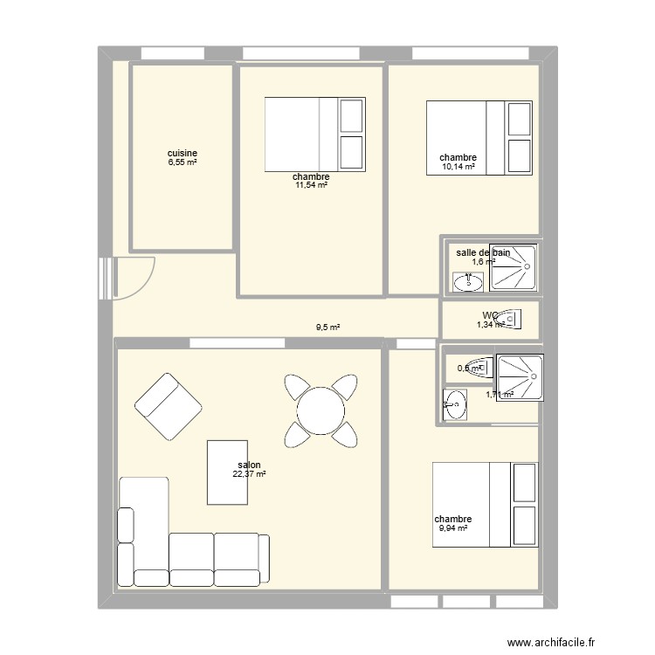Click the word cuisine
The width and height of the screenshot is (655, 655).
coord(183,153)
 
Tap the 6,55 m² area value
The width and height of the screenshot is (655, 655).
coord(183,162)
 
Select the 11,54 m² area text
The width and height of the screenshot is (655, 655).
coord(311,185)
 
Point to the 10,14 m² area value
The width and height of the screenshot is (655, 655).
coord(458,167)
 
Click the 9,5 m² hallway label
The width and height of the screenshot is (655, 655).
coord(327,328)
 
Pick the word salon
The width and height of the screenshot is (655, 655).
coord(249,465)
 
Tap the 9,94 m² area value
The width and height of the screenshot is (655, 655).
coord(452,527)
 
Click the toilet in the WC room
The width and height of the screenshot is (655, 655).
coord(512,320)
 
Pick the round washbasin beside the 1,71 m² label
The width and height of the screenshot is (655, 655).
coord(454,403)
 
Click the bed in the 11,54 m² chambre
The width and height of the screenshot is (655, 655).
coord(314,134)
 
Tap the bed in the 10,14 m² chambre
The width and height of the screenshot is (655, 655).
coord(479,138)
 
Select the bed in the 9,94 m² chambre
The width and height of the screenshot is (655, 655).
coord(486,505)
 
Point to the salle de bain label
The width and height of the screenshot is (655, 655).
coord(483,252)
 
